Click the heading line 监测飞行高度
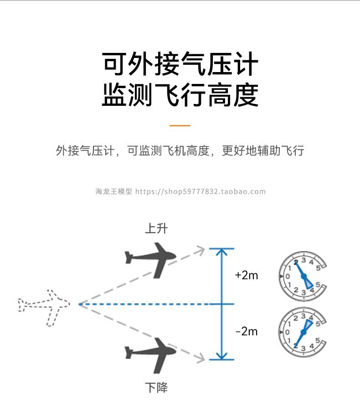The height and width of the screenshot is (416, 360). [180, 94]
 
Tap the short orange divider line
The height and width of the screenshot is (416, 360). [180, 125]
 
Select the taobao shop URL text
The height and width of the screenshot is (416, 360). [201, 192]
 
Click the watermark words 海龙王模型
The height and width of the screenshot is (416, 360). [113, 192]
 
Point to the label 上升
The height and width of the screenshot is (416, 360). [156, 228]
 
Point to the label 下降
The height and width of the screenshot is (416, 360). [156, 388]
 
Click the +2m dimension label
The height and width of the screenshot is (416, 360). [247, 275]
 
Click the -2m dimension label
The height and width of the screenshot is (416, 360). [247, 331]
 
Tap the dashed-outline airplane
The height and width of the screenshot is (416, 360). [44, 305]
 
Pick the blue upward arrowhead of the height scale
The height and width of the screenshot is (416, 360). [221, 252]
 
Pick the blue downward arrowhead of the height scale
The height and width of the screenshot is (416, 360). [221, 356]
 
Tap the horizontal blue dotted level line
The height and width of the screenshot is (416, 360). [146, 304]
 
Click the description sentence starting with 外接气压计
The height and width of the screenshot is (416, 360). [180, 151]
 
